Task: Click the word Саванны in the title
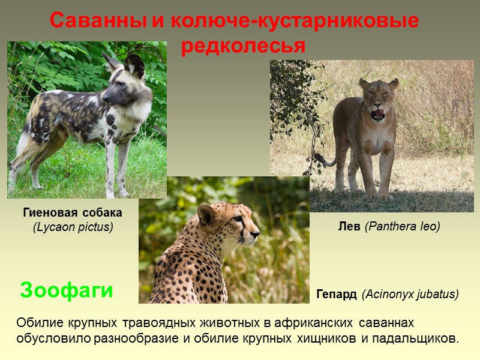[x=98, y=21]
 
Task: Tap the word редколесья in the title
[x=243, y=46]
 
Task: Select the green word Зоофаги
[x=67, y=290]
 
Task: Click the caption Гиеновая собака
[x=73, y=212]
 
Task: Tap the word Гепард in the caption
[x=337, y=295]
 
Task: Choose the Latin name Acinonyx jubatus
[x=410, y=295]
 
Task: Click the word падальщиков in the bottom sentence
[x=415, y=338]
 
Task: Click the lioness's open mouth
[x=378, y=113]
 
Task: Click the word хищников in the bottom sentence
[x=326, y=338]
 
